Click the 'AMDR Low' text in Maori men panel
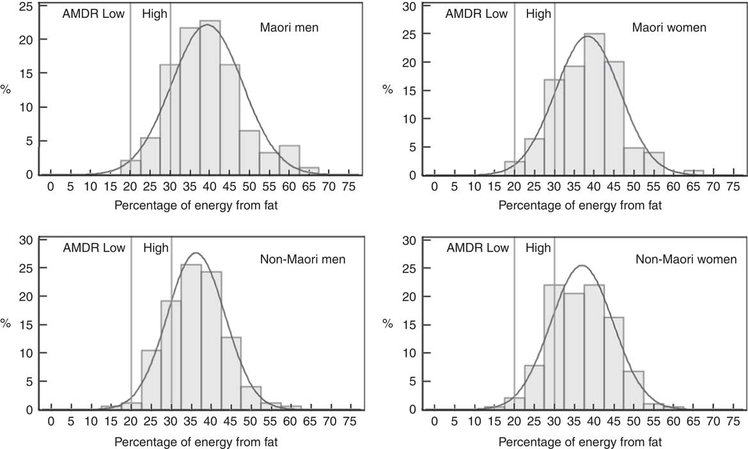93,13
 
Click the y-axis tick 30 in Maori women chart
414,6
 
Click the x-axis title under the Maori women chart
580,205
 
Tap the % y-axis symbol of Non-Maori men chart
5,322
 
